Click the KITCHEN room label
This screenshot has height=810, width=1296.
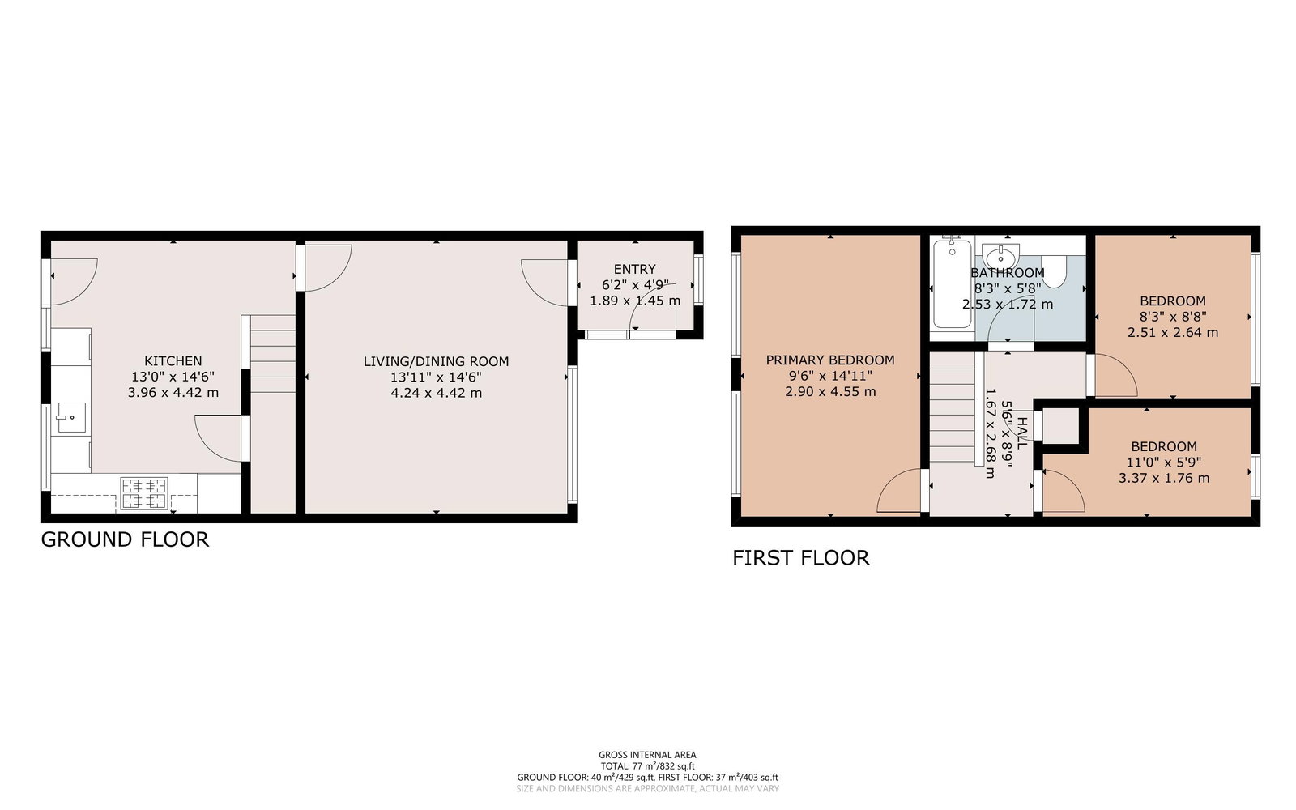(x=173, y=361)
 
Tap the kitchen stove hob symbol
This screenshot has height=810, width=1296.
(x=144, y=493)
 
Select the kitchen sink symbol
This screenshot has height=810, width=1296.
(x=71, y=418)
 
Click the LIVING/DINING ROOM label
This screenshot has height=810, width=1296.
(x=437, y=361)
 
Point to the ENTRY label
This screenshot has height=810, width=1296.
(x=635, y=269)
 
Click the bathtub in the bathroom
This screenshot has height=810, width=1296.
(x=953, y=283)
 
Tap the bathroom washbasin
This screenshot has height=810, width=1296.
(x=1000, y=256)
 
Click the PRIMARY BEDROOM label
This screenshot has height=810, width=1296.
(x=830, y=360)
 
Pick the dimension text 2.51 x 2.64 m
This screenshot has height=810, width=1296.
(x=1173, y=333)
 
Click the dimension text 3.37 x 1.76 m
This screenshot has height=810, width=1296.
(x=1164, y=479)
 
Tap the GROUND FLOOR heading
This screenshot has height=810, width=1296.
(x=125, y=539)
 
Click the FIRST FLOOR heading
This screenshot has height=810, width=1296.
(x=801, y=558)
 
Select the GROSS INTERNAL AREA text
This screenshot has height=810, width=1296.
(x=647, y=754)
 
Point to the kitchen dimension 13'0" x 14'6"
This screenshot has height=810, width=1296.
(x=173, y=377)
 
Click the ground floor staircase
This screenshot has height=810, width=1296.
(x=272, y=354)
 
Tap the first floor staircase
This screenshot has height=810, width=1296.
(x=953, y=407)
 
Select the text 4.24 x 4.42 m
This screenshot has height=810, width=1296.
(x=437, y=393)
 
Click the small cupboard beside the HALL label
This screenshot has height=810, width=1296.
(x=1061, y=426)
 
